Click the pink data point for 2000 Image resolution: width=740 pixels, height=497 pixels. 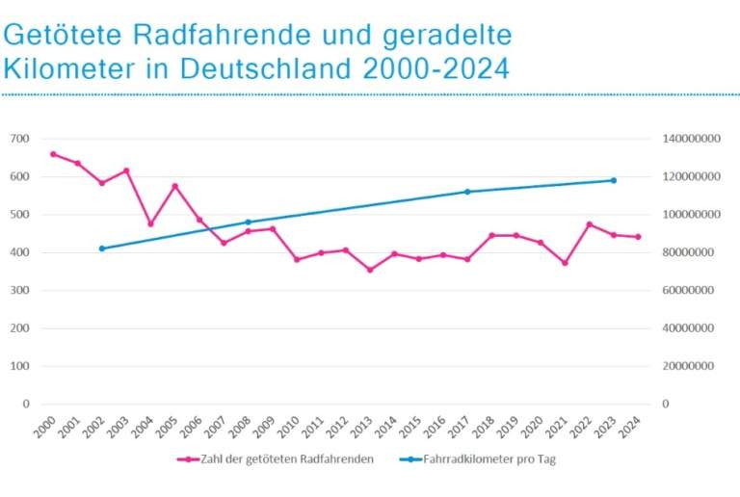53,154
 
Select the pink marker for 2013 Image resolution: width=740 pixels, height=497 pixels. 369,270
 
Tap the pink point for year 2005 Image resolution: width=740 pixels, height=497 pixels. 174,186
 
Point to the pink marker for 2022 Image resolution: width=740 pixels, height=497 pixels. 589,224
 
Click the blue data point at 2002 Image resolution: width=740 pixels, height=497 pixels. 102,248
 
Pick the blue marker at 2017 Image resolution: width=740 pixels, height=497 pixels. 467,192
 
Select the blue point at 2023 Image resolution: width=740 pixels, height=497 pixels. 613,180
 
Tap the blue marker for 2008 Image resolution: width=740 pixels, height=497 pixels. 248,222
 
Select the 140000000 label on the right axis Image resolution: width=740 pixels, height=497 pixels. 693,139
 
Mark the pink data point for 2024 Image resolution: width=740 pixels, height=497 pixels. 638,237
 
